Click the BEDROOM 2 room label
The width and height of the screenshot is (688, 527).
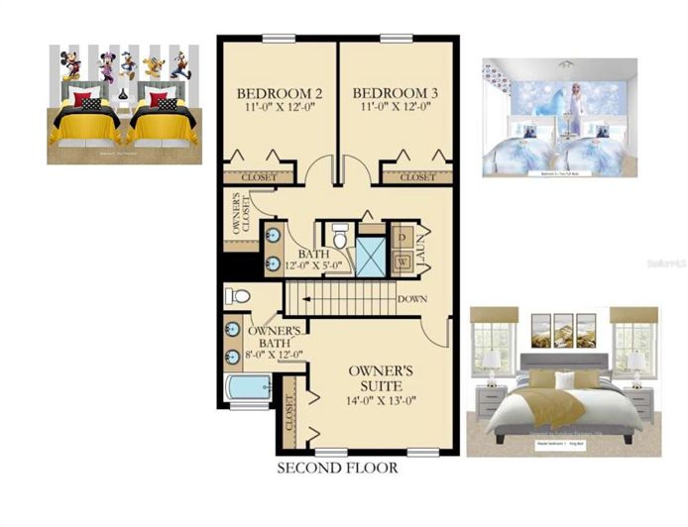pyautogui.click(x=278, y=95)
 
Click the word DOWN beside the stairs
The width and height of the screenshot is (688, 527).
pyautogui.click(x=411, y=298)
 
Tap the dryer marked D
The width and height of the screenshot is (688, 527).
pyautogui.click(x=404, y=239)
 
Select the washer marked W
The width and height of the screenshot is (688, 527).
pyautogui.click(x=404, y=263)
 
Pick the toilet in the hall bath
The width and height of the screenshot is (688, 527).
pyautogui.click(x=340, y=239)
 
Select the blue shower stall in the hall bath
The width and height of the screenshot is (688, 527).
pyautogui.click(x=370, y=254)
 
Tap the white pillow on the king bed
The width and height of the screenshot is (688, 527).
pyautogui.click(x=564, y=381)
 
